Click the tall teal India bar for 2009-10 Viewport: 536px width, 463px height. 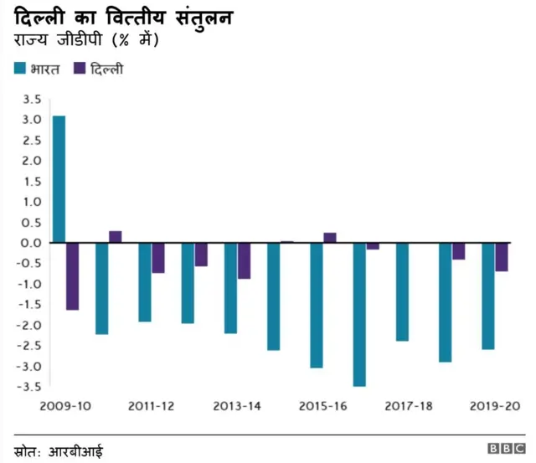click(59, 179)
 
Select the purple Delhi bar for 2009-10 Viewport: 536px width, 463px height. click(73, 276)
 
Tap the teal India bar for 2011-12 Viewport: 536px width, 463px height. click(145, 282)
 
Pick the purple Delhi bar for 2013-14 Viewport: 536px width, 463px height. click(244, 260)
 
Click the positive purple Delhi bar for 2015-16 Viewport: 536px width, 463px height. click(330, 238)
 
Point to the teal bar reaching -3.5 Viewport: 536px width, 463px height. click(359, 314)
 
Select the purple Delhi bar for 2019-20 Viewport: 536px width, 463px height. click(501, 257)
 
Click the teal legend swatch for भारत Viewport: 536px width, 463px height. click(20, 68)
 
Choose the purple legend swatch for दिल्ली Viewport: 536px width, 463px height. click(81, 68)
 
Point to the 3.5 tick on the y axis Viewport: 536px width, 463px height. click(33, 99)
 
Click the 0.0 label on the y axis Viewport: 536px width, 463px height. click(33, 243)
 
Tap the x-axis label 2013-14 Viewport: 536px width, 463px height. click(237, 406)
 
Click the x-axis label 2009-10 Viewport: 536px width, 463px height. click(65, 406)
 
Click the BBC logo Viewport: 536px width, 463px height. click(506, 450)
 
